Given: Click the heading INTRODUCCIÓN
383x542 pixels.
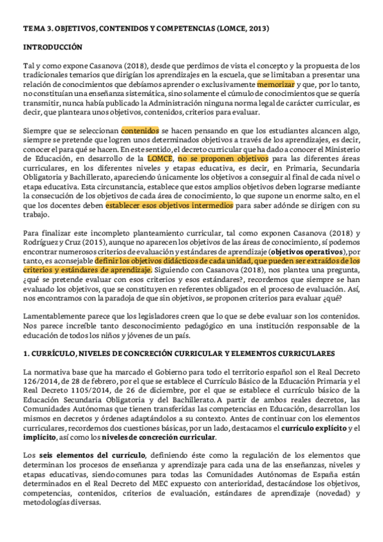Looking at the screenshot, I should click(x=53, y=47).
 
